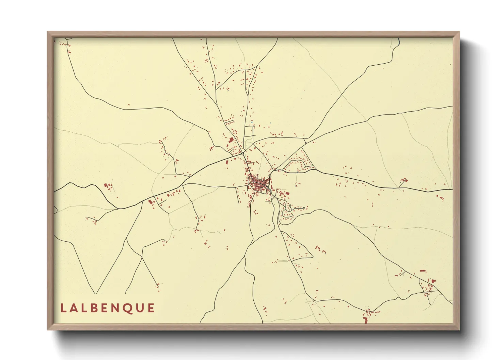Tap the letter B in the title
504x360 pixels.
(x=95, y=308)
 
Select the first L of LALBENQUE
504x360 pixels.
(x=63, y=308)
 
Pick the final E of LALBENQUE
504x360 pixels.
(x=151, y=308)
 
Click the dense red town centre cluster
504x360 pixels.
(x=259, y=184)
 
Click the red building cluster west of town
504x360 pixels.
(x=108, y=186)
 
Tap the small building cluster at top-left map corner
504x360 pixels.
(x=64, y=44)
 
